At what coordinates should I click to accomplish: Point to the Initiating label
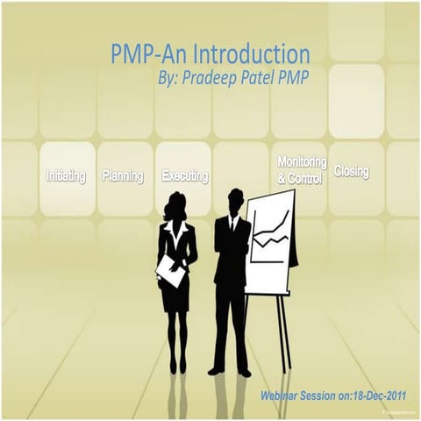(66, 176)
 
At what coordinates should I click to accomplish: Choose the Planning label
(123, 176)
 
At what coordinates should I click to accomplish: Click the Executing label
(184, 176)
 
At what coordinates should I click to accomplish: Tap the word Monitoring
(302, 163)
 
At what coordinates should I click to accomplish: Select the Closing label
(352, 172)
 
